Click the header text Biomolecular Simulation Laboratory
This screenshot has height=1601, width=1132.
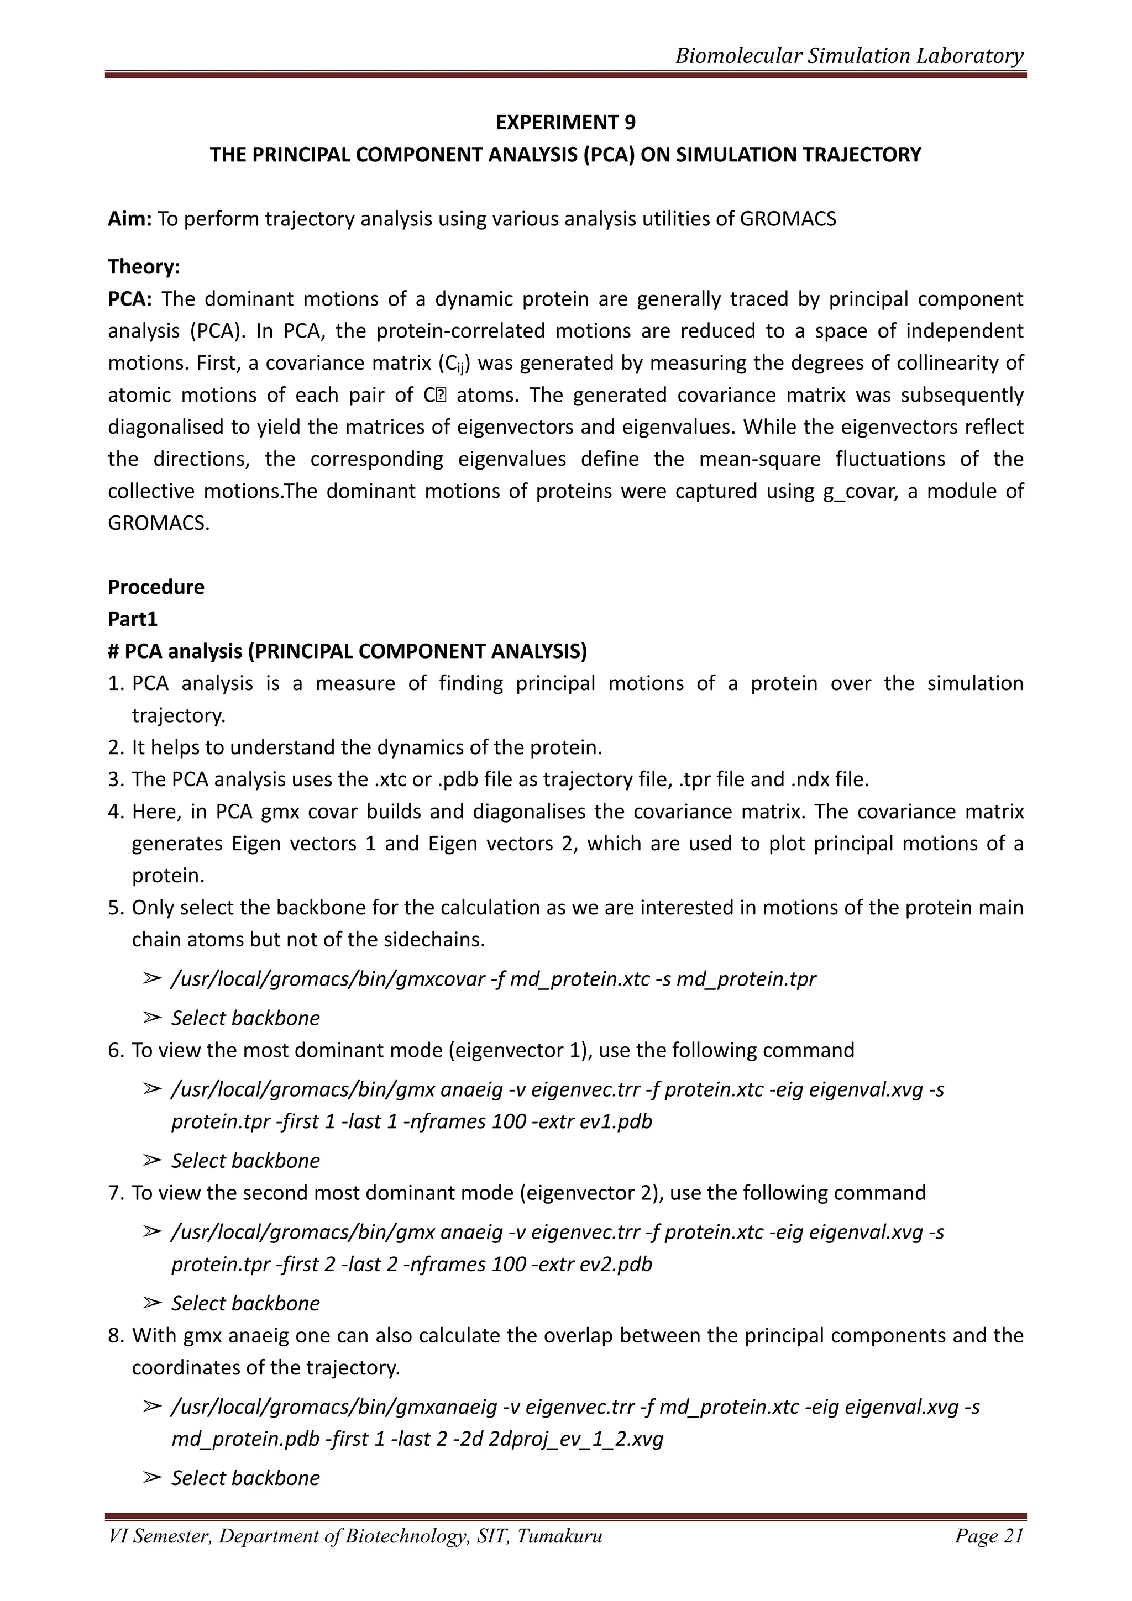coord(849,56)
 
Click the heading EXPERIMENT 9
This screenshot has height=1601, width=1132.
coord(565,122)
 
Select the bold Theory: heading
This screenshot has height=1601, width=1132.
coord(144,266)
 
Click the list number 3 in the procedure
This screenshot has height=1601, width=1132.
coord(115,780)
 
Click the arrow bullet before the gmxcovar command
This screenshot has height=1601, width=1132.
coord(151,979)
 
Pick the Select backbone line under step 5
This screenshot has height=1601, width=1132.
coord(245,1018)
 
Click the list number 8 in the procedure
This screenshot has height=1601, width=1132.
coord(115,1335)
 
